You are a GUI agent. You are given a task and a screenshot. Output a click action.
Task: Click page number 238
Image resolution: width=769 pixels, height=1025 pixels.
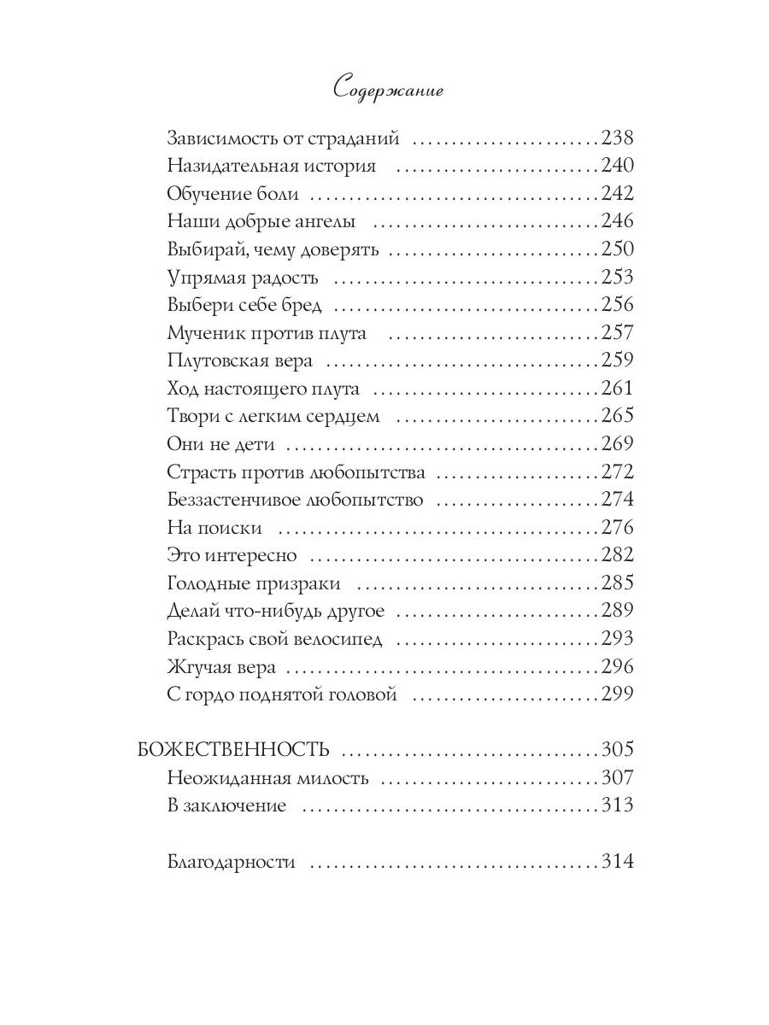[x=617, y=138]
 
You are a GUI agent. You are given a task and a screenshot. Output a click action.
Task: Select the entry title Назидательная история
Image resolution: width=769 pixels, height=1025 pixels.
[x=272, y=167]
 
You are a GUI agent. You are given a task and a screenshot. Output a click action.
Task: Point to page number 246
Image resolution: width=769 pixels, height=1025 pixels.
[x=617, y=222]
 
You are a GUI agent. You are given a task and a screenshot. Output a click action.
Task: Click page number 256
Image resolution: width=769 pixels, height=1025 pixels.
[x=617, y=305]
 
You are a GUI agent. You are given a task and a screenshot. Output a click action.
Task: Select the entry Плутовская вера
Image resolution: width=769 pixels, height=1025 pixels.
[x=241, y=360]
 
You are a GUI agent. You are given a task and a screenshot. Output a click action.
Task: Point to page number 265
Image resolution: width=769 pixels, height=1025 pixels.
[x=617, y=416]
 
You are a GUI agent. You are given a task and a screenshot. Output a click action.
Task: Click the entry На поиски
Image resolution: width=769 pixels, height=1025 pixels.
[x=214, y=528]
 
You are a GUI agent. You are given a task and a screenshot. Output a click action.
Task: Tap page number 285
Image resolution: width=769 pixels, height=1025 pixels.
[x=617, y=583]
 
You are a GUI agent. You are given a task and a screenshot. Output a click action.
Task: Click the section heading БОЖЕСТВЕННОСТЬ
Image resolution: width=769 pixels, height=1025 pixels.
[x=233, y=750]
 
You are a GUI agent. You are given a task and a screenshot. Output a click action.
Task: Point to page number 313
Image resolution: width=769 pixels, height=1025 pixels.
[x=617, y=805]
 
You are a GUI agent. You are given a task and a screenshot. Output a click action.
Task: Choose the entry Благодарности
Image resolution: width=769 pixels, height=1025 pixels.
[x=232, y=862]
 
